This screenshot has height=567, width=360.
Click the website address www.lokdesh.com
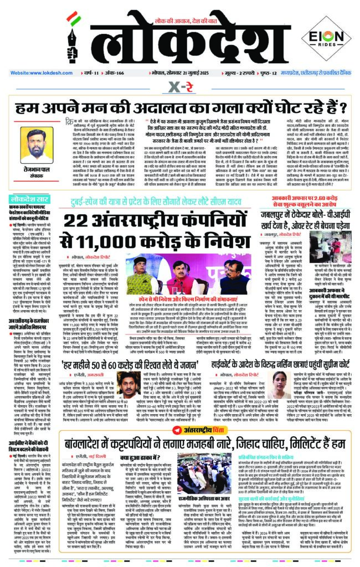coord(30,73)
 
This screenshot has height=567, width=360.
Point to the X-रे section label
coord(180,86)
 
